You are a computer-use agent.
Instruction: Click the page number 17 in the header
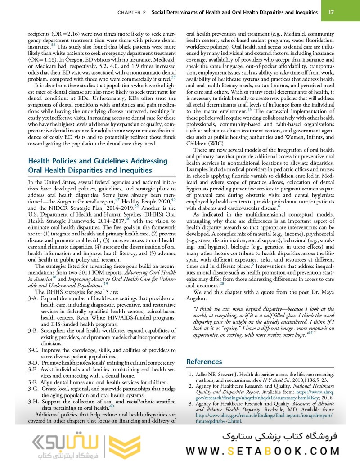coord(331,12)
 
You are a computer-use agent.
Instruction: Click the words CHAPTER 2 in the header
coord(131,13)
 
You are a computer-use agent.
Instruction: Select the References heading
coord(204,362)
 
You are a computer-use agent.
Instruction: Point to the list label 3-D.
coord(33,363)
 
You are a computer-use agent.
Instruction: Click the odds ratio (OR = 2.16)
coord(62,34)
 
